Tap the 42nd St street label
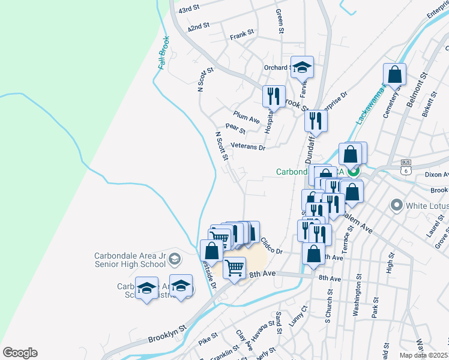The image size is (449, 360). tap(197, 27)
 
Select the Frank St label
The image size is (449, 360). tap(242, 37)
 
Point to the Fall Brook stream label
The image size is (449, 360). tap(163, 53)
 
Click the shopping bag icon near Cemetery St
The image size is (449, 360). tap(394, 75)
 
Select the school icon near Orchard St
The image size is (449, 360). tap(303, 68)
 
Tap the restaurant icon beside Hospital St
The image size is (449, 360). tap(273, 97)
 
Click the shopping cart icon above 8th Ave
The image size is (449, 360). tap(234, 267)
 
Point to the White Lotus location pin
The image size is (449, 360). tap(396, 206)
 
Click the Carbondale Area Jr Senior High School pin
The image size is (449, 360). tap(175, 259)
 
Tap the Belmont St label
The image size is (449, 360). tap(415, 90)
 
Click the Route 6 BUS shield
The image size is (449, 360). tap(406, 170)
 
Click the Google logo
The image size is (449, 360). tap(20, 353)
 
